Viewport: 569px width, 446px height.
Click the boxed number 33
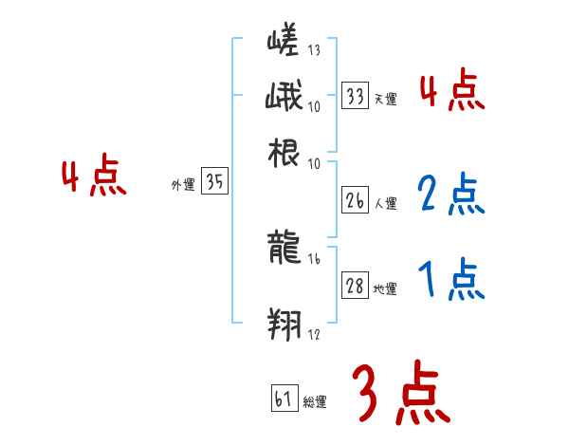click(355, 97)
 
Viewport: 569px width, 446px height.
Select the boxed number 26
click(355, 201)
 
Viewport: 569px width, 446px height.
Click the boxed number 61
click(283, 400)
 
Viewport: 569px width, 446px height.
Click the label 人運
click(385, 203)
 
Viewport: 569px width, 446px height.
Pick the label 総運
click(314, 402)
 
